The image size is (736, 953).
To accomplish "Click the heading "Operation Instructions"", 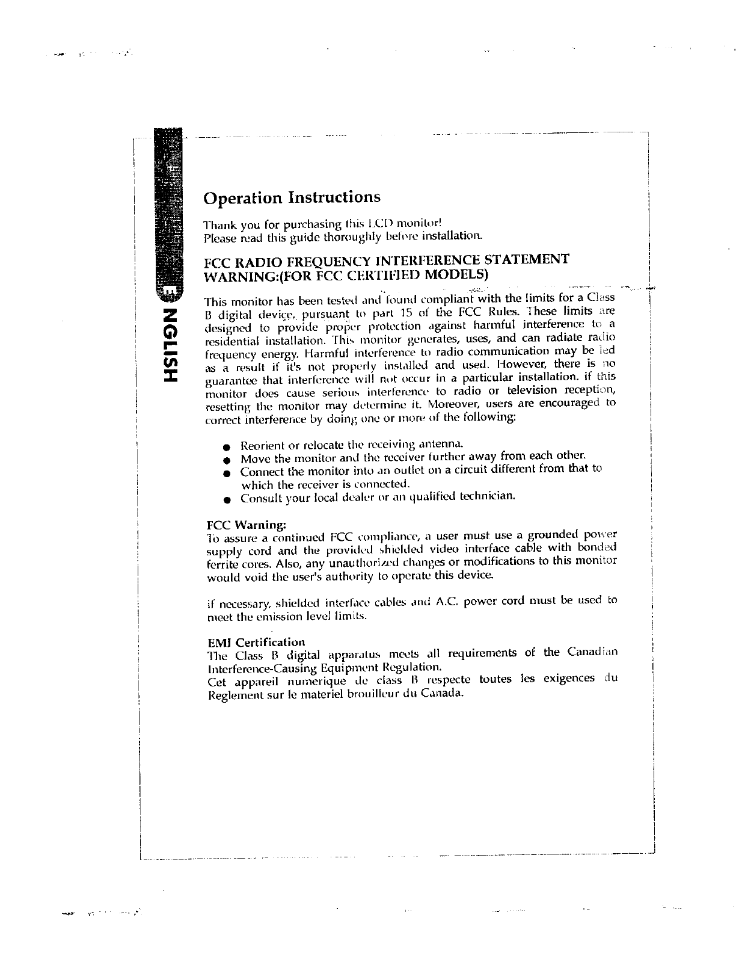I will [292, 197].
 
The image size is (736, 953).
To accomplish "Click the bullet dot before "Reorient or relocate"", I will [225, 448].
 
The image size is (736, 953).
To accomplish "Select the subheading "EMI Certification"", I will [256, 642].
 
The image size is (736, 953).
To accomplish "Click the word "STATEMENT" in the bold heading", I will [527, 260].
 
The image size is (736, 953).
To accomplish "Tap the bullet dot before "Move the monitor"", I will [225, 461].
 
